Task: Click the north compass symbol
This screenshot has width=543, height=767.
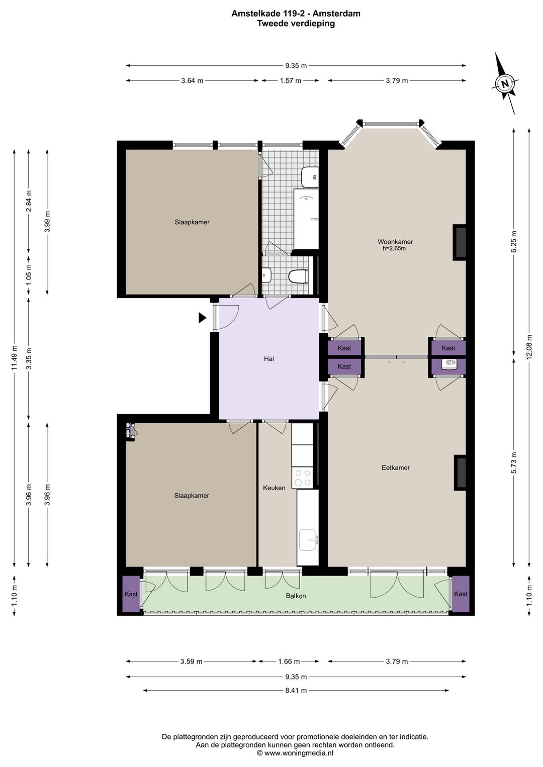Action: click(505, 83)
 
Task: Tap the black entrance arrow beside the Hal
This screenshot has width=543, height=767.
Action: click(202, 318)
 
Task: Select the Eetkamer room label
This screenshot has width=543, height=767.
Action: click(396, 467)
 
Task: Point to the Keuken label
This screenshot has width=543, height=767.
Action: click(274, 488)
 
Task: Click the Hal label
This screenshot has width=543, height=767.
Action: click(269, 359)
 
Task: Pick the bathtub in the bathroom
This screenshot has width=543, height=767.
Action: click(306, 219)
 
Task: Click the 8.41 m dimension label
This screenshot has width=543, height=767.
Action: click(296, 691)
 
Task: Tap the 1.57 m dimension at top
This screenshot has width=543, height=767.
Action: click(290, 80)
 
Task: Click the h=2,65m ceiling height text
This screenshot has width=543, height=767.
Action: click(394, 248)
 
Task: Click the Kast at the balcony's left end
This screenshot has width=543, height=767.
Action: click(131, 594)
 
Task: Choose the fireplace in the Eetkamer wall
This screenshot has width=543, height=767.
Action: click(460, 472)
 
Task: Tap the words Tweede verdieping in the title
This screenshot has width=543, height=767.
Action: click(296, 23)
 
